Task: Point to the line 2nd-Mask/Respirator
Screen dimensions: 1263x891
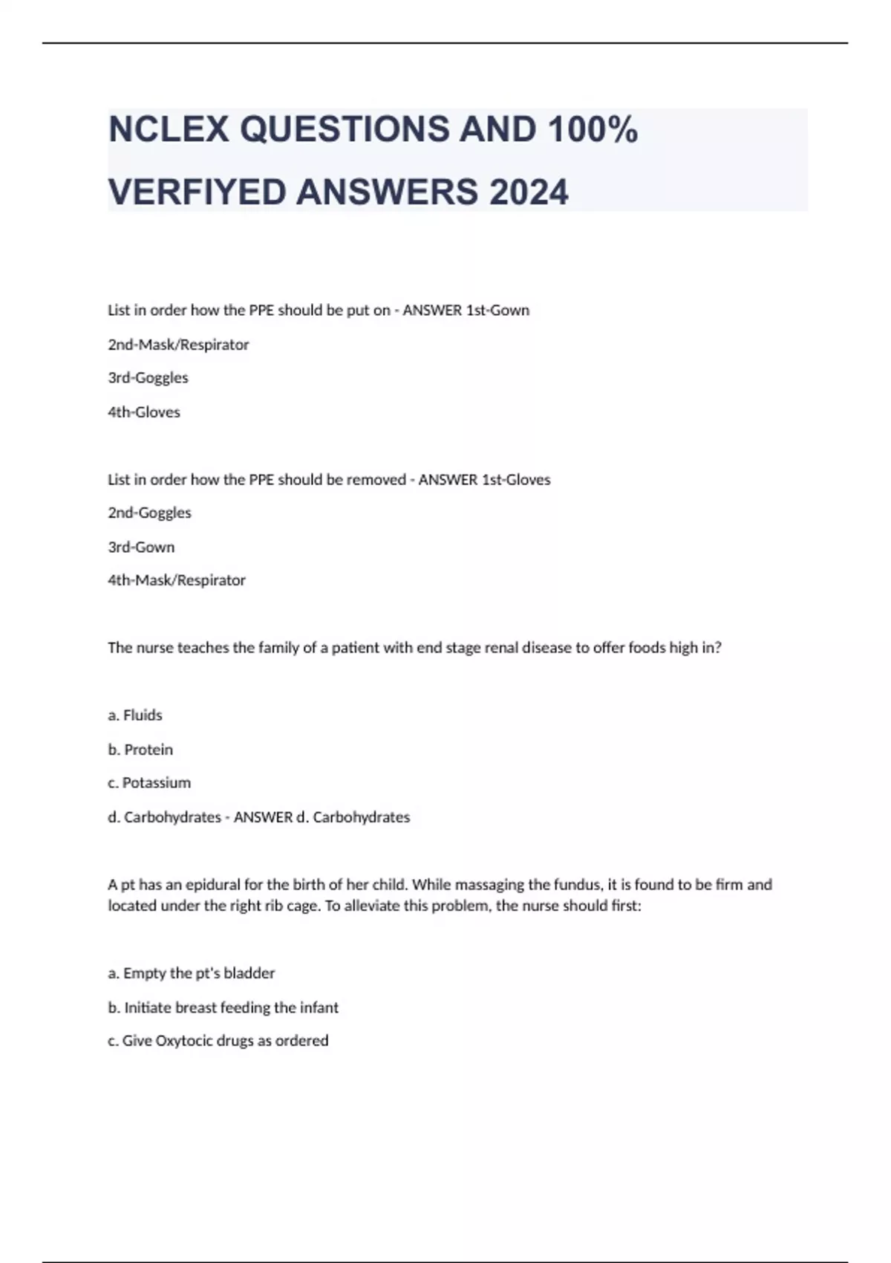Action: [178, 345]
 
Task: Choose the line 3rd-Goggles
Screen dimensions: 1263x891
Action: [148, 377]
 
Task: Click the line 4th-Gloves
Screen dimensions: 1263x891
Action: [144, 412]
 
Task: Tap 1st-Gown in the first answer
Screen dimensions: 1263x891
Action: [497, 311]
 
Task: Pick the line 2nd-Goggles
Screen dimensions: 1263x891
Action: [149, 513]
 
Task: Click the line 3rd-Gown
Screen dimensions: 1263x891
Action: [141, 548]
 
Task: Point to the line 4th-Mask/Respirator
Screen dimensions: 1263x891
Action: [177, 580]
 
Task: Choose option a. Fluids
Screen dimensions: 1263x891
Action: [135, 715]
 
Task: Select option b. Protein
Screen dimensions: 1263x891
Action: [140, 750]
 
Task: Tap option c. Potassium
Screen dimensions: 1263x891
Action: [149, 783]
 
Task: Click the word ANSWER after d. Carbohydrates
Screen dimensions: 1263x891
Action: [263, 817]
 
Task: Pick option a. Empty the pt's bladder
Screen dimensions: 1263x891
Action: [192, 973]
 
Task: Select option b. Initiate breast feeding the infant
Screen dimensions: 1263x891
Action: [223, 1008]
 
